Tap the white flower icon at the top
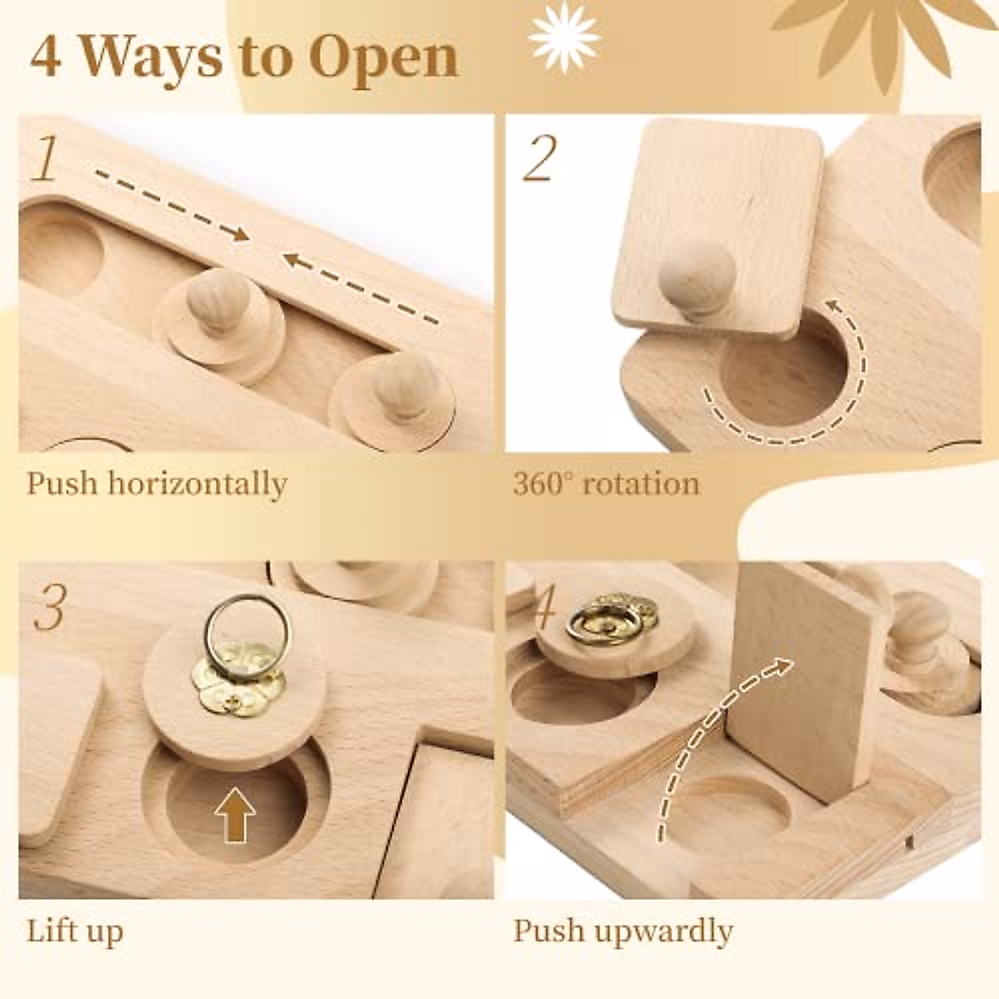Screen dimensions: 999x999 point(564,35)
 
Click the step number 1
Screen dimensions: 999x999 point(47,160)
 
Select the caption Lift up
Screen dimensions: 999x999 point(75,930)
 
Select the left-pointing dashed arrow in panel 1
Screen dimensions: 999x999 point(360,286)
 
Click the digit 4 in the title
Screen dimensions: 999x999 point(47,57)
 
